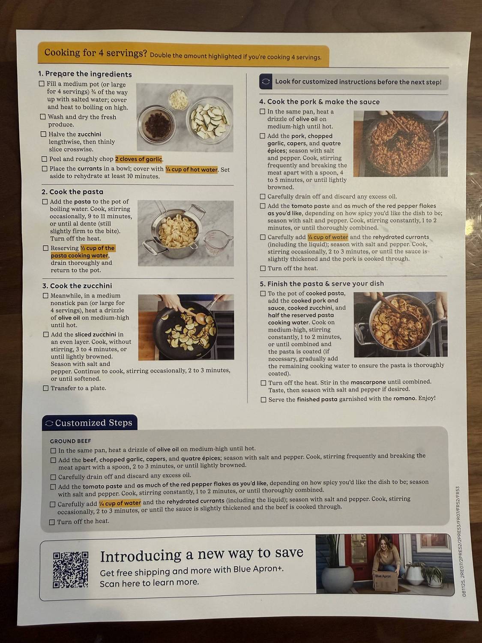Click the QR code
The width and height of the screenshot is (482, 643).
click(71, 570)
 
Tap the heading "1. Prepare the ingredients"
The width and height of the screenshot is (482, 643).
click(85, 74)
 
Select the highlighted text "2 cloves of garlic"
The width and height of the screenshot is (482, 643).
click(138, 159)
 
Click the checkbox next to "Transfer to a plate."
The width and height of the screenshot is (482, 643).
click(46, 388)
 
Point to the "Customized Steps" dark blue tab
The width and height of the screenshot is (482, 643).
click(90, 423)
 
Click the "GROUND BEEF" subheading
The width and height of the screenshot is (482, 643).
click(70, 441)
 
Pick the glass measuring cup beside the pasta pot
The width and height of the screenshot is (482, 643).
click(216, 244)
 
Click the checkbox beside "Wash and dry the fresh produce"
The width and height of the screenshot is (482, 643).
click(43, 117)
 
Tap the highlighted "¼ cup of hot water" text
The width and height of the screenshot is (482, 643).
click(192, 169)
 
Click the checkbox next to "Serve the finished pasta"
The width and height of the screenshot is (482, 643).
click(263, 400)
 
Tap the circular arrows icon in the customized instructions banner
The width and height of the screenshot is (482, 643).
click(266, 81)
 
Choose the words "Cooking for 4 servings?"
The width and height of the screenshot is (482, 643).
click(96, 53)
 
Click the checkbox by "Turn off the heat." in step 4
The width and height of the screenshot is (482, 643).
click(263, 268)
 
